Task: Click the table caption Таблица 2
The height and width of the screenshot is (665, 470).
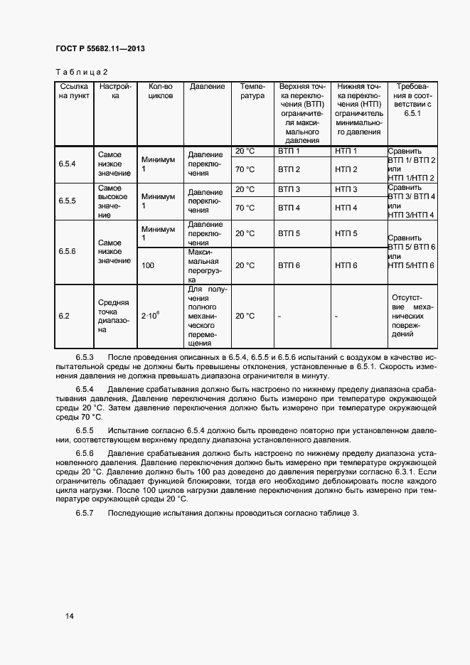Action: point(81,72)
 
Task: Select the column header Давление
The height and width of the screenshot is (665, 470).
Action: point(207,87)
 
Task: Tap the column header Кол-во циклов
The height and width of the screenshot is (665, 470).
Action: point(160,91)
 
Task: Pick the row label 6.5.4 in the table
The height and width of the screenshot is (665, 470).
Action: point(67,164)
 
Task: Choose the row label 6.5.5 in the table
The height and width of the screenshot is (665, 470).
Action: point(67,201)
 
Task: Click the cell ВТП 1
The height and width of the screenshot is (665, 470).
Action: point(289,151)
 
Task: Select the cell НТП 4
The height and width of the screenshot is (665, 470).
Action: point(346,208)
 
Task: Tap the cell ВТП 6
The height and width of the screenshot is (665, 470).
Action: point(289,265)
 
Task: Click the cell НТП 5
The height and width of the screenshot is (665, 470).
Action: point(346,233)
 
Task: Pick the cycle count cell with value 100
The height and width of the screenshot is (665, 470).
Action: point(148,265)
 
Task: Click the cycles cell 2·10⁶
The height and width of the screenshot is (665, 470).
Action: point(150,315)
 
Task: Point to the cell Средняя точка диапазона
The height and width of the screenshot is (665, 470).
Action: point(113,316)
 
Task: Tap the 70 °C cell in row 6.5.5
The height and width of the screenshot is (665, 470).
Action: point(244,208)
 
